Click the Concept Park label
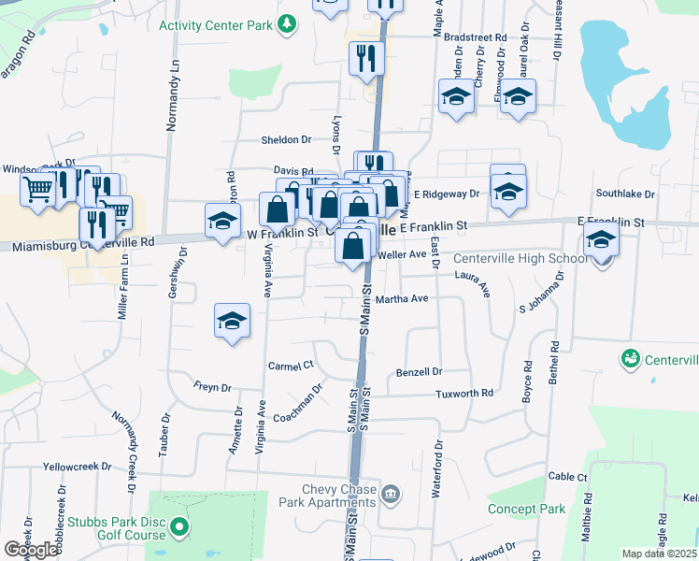point(526,509)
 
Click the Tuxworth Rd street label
point(464,394)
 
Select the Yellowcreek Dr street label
point(76,466)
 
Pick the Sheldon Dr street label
point(286,139)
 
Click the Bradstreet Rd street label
point(475,38)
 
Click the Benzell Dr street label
point(419,371)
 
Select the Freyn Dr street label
point(211,387)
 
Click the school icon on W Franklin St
point(222,222)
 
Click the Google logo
point(30,550)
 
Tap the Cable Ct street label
point(567,477)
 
